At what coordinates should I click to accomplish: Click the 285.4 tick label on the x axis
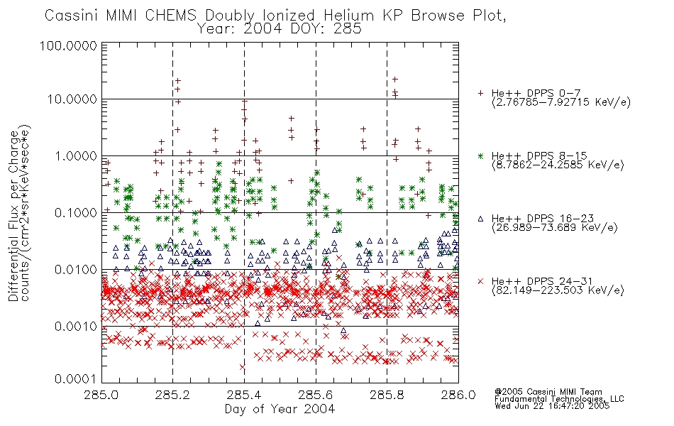pos(245,395)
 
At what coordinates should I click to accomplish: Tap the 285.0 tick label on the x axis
pos(101,395)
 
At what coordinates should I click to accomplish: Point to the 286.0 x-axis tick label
pos(458,395)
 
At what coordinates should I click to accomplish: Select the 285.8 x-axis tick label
pos(387,395)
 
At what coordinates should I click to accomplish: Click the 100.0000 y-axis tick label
pos(68,45)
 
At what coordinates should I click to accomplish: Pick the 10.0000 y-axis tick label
pos(72,99)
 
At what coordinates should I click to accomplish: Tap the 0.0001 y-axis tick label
pos(76,378)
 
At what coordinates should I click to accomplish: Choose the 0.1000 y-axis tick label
pos(76,212)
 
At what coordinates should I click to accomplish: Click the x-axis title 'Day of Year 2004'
pos(280,409)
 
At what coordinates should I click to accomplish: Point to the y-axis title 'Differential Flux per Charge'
pos(13,216)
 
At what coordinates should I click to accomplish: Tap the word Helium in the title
pos(349,16)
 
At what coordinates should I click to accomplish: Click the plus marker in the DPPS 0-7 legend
pos(481,93)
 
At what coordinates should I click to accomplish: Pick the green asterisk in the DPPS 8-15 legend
pos(481,155)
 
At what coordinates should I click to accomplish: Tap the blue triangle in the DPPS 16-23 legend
pos(481,219)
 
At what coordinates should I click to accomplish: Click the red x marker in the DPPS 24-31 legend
pos(481,281)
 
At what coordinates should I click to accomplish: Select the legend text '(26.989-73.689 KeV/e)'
pos(555,228)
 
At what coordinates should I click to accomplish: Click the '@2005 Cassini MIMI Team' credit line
pos(548,392)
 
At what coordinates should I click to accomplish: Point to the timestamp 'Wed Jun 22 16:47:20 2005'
pos(552,406)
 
